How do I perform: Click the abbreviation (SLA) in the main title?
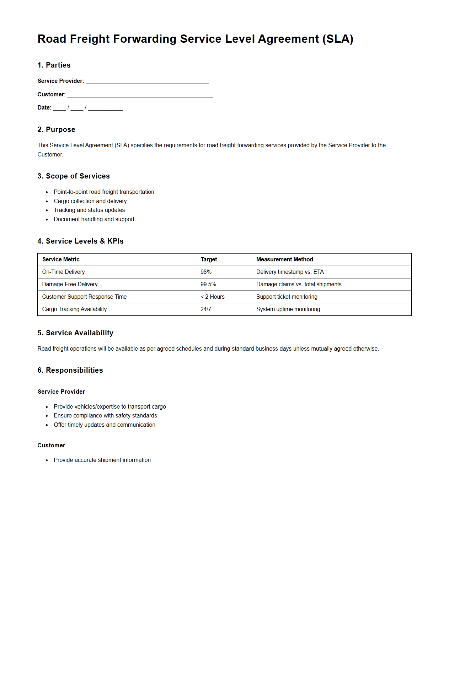pos(337,39)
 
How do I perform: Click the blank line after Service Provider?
pos(147,81)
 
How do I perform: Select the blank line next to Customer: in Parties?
pos(140,95)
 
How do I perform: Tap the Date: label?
pos(44,107)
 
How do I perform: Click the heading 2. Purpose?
pos(56,129)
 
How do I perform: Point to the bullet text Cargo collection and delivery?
pos(90,201)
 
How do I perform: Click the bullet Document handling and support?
pos(94,219)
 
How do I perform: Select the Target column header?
pos(209,259)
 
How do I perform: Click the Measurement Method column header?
pos(284,259)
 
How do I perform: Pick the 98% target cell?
pos(206,272)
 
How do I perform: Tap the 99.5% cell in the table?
pos(208,284)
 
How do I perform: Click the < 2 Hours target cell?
pos(213,297)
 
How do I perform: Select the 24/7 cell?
pos(205,309)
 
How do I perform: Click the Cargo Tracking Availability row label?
pos(74,309)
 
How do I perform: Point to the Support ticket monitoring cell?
pos(287,297)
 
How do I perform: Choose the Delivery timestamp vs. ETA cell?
pos(290,272)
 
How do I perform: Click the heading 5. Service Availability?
pos(75,333)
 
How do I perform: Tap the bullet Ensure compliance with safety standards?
pos(105,415)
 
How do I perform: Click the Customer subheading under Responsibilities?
pos(51,445)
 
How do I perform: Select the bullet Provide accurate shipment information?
pos(102,460)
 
